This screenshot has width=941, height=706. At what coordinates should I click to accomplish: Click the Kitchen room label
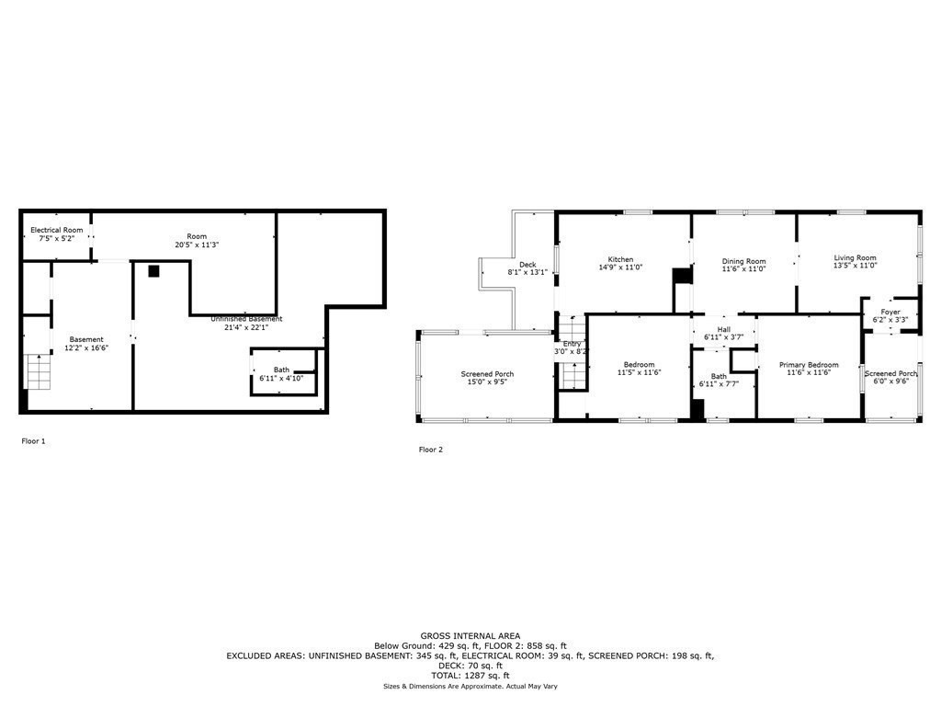click(620, 259)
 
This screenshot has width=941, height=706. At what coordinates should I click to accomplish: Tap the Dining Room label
click(743, 261)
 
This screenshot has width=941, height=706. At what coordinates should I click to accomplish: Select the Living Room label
click(855, 258)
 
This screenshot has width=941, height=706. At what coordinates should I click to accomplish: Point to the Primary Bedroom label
click(809, 365)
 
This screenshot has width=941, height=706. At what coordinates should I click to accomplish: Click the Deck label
click(527, 265)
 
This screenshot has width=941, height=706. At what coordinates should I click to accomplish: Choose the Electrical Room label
click(57, 230)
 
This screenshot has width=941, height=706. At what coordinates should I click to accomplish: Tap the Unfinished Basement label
click(246, 319)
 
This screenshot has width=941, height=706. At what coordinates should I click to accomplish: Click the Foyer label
click(890, 313)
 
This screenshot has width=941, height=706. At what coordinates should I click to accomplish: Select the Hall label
click(724, 329)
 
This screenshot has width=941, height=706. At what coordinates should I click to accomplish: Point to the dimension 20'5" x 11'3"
click(197, 245)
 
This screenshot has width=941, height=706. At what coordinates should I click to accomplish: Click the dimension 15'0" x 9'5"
click(487, 382)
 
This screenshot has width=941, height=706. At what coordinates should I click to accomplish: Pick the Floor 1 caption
click(33, 441)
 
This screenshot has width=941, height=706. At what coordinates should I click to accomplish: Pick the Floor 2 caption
click(430, 450)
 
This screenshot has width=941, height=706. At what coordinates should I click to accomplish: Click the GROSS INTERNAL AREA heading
click(470, 636)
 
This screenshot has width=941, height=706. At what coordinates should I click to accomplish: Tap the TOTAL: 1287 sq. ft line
click(470, 676)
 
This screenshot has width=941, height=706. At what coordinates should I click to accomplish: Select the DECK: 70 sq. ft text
click(470, 666)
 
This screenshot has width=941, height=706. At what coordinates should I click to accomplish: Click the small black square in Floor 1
click(153, 271)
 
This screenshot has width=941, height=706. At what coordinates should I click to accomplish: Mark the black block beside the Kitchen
click(681, 278)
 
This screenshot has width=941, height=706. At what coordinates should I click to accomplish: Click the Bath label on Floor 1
click(281, 370)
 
